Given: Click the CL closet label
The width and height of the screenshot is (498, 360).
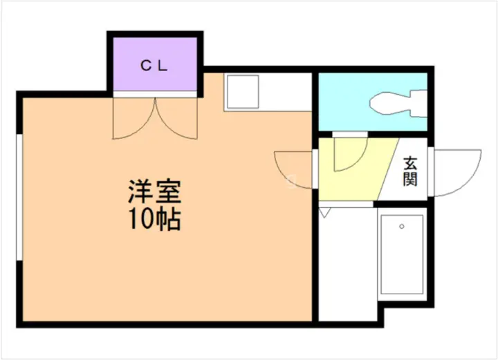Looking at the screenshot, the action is point(154,66).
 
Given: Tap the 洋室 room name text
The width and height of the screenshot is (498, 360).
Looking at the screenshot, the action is point(155,191).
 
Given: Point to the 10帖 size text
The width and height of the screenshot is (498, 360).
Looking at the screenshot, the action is point(155,219).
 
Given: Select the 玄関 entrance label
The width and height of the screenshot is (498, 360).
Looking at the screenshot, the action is point(410,171).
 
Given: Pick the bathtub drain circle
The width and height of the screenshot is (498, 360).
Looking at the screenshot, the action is point(402,227).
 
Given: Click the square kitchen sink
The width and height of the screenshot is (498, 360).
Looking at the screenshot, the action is point(243,92).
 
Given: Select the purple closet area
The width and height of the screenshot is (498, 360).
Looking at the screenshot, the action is point(156,64).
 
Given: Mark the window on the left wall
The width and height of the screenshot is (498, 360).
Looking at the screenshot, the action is point(19,198).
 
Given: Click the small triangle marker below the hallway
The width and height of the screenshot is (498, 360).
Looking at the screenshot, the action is point(324,212).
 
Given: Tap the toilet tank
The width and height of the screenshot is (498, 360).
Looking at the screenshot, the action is point(419,104).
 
